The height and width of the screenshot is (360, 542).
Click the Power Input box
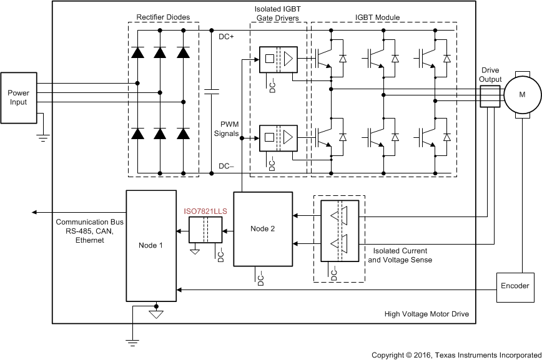18,98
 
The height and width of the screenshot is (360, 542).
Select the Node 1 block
150,245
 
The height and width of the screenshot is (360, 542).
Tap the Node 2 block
263,229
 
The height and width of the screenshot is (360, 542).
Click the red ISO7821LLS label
205,212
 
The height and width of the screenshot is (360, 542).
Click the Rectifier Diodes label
163,17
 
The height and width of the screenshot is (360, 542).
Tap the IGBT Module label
377,17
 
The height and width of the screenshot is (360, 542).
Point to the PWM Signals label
225,129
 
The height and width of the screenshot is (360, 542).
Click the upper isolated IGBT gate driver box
278,59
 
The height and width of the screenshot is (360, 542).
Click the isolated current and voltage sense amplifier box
340,230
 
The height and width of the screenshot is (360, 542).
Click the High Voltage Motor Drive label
426,314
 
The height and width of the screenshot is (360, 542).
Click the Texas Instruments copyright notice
456,354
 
